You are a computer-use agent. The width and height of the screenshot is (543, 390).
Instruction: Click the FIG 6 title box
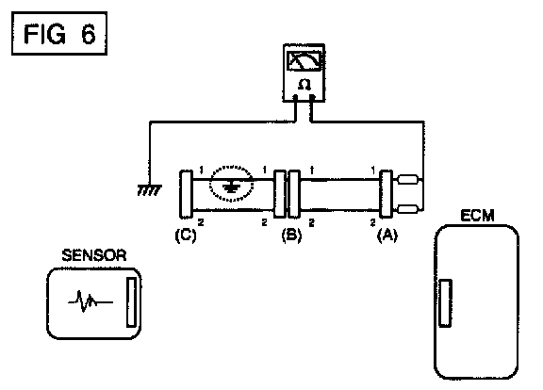point(59,33)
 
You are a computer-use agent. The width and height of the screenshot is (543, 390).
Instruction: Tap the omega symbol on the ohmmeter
point(304,85)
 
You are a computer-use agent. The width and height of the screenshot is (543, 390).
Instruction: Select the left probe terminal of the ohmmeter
point(295,97)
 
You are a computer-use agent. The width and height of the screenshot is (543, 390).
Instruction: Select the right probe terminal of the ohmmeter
point(312,97)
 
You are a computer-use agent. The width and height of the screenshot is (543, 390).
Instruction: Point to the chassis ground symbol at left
point(149,190)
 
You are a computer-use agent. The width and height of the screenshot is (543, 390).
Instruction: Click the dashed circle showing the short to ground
point(231,183)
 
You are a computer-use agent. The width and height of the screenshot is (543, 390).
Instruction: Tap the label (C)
point(186,236)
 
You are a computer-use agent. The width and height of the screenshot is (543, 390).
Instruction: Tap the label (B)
point(291,236)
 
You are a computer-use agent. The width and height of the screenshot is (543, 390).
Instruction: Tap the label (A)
point(387,236)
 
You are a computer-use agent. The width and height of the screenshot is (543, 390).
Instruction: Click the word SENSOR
point(94,255)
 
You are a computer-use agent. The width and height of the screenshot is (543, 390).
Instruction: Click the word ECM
point(477,216)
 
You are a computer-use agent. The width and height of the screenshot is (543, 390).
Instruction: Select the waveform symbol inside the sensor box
point(90,301)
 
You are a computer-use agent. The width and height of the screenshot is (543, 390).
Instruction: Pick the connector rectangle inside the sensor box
point(131,301)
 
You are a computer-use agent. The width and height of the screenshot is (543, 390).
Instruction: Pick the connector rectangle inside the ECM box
point(445,303)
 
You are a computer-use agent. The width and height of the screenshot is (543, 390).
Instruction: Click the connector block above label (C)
point(186,194)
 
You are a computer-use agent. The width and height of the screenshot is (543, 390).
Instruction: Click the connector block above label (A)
point(386,194)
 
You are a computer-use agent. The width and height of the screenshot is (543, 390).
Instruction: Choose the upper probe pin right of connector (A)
point(407,179)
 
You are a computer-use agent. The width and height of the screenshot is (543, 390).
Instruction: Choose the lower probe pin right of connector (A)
point(407,209)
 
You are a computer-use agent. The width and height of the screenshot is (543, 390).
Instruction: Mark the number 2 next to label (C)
point(201,222)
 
